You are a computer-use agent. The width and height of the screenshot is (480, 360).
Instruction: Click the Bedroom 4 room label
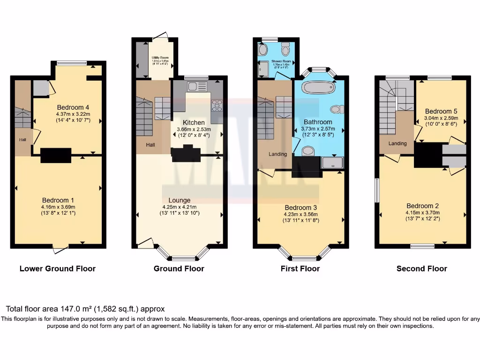[73, 107]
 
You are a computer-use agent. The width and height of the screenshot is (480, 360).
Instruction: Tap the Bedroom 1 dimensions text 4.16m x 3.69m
[58, 207]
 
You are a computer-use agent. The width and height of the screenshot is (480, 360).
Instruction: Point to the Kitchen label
[194, 122]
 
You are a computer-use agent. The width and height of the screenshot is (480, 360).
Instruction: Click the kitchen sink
[196, 86]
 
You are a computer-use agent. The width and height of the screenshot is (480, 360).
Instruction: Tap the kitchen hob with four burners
[217, 105]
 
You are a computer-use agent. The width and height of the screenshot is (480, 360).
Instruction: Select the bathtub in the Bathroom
[319, 88]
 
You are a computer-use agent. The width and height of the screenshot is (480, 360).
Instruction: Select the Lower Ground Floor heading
[57, 269]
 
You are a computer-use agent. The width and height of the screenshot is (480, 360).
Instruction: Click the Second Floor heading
[421, 269]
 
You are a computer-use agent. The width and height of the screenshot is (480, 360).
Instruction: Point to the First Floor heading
[300, 269]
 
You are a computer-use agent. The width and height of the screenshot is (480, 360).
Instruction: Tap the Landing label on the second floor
[396, 144]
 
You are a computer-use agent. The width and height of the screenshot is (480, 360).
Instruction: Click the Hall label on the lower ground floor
[22, 140]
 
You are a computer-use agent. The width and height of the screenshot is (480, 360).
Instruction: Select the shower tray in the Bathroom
[332, 162]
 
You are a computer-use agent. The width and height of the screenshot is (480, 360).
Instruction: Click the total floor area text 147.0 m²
[85, 309]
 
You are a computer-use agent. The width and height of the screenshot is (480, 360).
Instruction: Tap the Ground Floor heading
[179, 269]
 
